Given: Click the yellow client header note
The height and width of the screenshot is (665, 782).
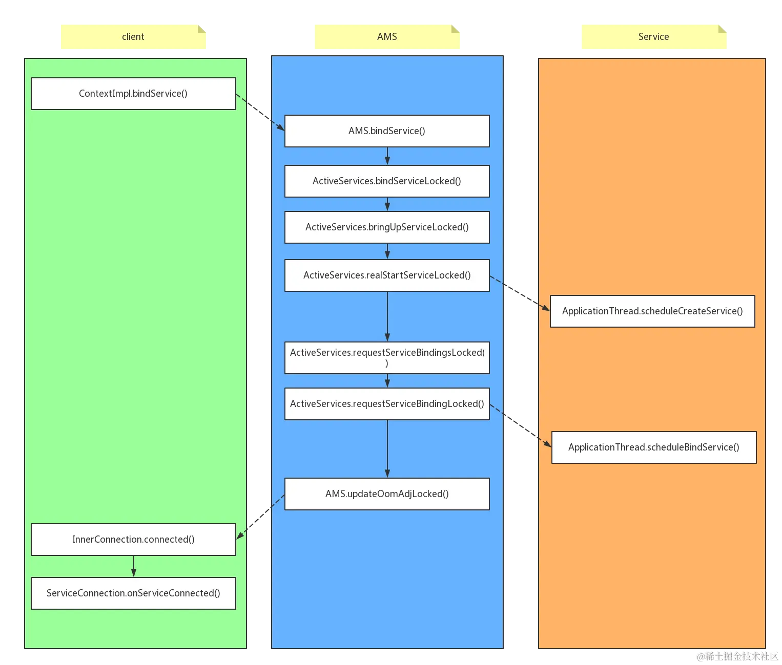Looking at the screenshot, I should tap(133, 37).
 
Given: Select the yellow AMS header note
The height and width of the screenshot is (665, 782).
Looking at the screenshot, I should tap(387, 37).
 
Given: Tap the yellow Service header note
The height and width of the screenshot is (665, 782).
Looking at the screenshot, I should tap(653, 37).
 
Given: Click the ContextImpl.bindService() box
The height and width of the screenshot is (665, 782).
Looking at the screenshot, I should tap(133, 94).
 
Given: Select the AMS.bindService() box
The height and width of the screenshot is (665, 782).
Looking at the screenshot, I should tap(387, 131).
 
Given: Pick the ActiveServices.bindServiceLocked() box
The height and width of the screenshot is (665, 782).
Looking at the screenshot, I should tap(387, 181).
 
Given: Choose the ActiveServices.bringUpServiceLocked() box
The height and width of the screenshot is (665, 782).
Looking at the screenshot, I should tap(387, 227).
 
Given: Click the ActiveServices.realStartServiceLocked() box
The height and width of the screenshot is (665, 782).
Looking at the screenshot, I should tap(387, 275).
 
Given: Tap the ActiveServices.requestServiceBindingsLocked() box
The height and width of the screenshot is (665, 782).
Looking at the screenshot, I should tap(387, 358).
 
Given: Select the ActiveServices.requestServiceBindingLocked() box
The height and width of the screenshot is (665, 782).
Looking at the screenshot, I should tap(387, 404).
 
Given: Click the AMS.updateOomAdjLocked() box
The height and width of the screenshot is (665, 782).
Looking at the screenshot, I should tap(387, 494).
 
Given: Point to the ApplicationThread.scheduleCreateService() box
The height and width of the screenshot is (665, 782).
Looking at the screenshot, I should tap(652, 311).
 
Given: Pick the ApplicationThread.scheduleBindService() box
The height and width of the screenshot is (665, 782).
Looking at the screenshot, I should tap(654, 447).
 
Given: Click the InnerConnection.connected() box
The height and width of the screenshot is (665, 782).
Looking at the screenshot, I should tap(133, 540).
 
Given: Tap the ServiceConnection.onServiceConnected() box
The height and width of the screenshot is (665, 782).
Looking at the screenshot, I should tap(133, 593).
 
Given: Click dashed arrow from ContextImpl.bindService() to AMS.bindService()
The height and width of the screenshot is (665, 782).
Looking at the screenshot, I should tap(260, 113).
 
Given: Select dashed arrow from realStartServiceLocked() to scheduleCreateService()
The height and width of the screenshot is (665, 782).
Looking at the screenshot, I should tap(519, 293).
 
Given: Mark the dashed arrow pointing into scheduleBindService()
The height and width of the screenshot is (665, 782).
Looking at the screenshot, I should tap(520, 425).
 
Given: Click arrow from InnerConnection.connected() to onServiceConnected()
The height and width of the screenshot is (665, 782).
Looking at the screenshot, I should tap(134, 566).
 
